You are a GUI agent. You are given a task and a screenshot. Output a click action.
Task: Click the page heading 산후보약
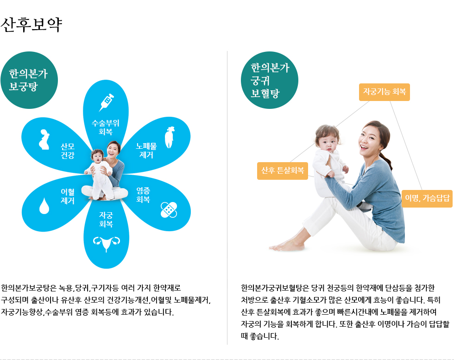pos(32,25)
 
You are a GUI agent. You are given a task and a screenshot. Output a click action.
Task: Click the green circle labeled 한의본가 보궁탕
pos(29,80)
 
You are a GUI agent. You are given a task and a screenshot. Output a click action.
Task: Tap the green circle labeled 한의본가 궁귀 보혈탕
pos(270,80)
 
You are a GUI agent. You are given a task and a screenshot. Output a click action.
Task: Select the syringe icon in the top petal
pos(107,102)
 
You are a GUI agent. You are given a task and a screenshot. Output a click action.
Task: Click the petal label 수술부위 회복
pos(106,127)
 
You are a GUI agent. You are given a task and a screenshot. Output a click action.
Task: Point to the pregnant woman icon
pos(44,139)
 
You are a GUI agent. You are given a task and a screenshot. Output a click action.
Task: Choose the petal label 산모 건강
pos(68,151)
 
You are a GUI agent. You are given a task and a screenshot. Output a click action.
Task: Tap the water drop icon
pos(44,206)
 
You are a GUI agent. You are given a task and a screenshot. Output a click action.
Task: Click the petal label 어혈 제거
pos(68,196)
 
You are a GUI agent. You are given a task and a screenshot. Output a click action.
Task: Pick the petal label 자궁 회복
pos(106,219)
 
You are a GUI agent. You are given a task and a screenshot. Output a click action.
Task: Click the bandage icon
pos(169,210)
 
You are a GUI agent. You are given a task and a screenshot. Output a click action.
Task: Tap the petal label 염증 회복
pos(143,195)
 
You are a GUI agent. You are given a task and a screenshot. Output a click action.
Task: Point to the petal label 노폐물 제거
pos(146,150)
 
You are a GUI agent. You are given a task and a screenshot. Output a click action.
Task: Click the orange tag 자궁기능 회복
pos(385,92)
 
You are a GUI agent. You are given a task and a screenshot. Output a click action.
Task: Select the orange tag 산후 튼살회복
pos(283,171)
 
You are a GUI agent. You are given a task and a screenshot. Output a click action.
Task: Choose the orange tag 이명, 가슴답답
pos(427,199)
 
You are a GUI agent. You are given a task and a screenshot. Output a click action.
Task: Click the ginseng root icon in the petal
pos(170,138)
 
